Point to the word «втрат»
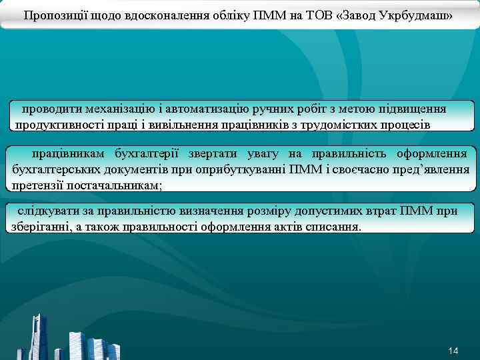[x=379, y=211]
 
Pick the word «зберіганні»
[x=39, y=227]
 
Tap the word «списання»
[x=337, y=227]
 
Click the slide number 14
[x=453, y=351]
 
